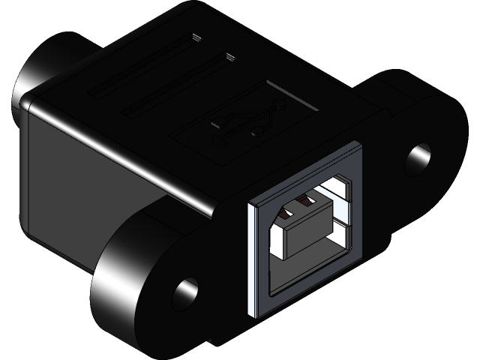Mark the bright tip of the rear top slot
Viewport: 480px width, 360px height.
click(x=196, y=37)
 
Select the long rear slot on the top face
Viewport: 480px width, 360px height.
click(x=142, y=67)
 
